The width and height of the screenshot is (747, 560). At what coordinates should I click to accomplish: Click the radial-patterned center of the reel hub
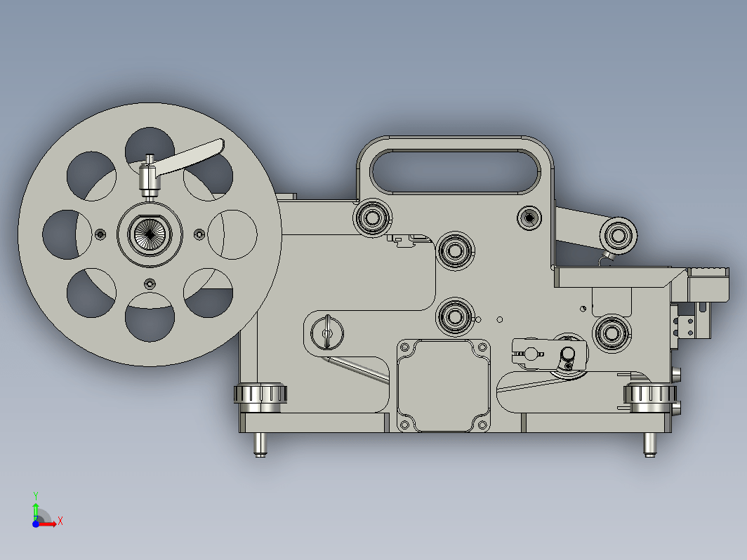coord(150,233)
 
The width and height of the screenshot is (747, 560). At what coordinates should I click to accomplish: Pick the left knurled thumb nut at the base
coord(259,396)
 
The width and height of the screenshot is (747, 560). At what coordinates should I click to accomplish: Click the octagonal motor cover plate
coord(443,386)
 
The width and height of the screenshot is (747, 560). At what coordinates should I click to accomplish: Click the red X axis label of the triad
coord(60,521)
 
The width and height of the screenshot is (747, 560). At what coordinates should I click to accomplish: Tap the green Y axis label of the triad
coord(36,495)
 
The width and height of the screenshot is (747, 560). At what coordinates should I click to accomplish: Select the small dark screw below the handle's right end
coord(529,218)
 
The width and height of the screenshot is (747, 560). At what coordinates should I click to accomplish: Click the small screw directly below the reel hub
coord(149,284)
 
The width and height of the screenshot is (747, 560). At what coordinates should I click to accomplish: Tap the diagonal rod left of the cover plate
coord(358,371)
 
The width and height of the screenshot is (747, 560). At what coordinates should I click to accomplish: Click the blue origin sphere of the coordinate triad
coord(36,523)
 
